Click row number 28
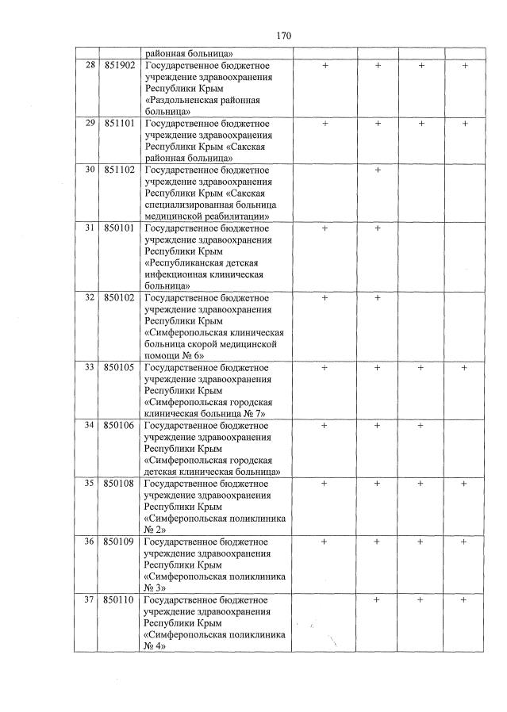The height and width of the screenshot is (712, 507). tap(90, 65)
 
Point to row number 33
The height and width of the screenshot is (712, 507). tap(90, 367)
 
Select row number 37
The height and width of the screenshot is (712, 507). tap(90, 599)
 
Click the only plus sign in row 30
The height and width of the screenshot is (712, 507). tap(378, 170)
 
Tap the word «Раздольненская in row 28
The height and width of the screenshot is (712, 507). tap(186, 101)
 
